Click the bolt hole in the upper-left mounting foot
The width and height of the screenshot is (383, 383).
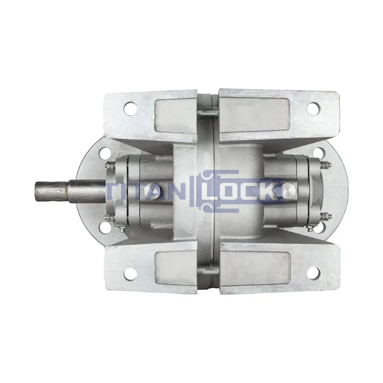130,108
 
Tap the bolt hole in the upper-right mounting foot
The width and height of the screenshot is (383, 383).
313,108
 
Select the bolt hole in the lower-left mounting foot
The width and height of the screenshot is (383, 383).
130,274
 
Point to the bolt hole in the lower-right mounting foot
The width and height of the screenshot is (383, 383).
314,274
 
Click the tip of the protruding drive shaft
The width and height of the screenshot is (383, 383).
36,191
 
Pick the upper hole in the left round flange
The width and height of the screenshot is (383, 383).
105,153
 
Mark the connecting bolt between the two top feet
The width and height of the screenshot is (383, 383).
207,112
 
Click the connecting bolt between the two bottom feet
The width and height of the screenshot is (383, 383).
207,270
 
